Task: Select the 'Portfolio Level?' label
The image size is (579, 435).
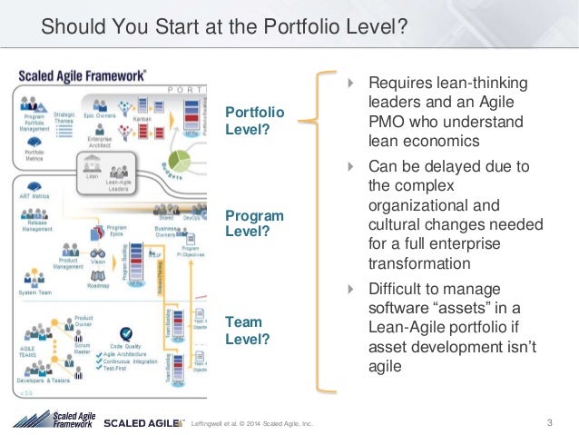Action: (254, 120)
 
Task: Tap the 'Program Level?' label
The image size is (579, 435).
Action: (254, 223)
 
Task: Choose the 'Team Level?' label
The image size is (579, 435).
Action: (248, 331)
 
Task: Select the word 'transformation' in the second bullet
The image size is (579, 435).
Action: (419, 263)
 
